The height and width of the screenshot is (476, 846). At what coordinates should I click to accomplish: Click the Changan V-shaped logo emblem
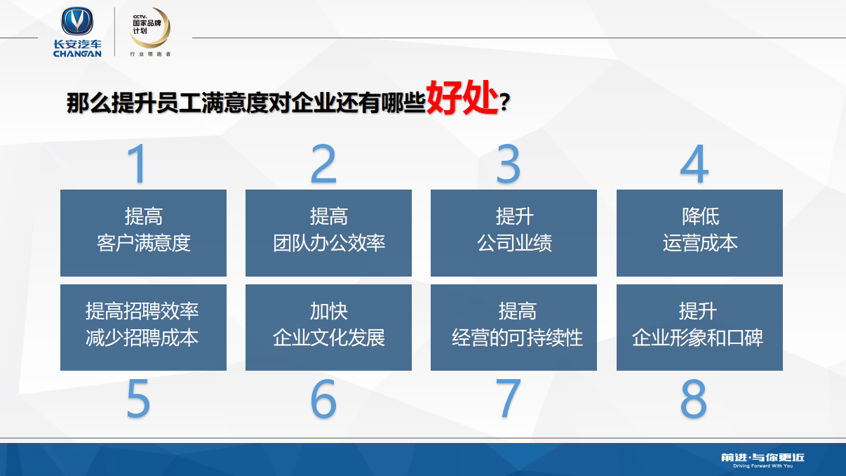[77, 21]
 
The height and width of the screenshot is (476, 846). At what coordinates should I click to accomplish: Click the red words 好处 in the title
[462, 98]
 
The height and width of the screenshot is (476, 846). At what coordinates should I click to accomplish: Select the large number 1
[137, 164]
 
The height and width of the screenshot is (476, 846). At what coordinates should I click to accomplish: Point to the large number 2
[323, 164]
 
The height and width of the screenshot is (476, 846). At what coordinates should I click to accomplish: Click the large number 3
[509, 164]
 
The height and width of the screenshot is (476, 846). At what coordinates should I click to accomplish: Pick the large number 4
[694, 164]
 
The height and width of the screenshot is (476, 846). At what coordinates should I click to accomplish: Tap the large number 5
[138, 399]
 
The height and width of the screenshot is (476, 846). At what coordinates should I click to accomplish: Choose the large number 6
[323, 399]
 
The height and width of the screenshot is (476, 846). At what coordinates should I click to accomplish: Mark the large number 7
[509, 399]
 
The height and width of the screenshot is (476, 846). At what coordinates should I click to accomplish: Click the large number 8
[694, 399]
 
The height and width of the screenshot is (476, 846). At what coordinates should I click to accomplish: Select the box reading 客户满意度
[144, 233]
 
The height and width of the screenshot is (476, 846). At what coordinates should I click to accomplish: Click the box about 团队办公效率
[328, 233]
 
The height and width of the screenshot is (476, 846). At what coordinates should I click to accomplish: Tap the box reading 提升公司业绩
[513, 233]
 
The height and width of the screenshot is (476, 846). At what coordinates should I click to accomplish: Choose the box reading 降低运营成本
[699, 233]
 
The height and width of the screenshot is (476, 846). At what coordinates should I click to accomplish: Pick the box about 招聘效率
[144, 327]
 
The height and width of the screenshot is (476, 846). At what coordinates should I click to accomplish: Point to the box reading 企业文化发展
[328, 327]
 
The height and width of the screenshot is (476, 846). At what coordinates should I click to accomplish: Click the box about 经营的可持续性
[513, 327]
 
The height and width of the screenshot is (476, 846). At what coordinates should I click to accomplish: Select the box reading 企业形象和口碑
[699, 327]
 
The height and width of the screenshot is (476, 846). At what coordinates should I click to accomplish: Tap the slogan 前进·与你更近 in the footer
[763, 458]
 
